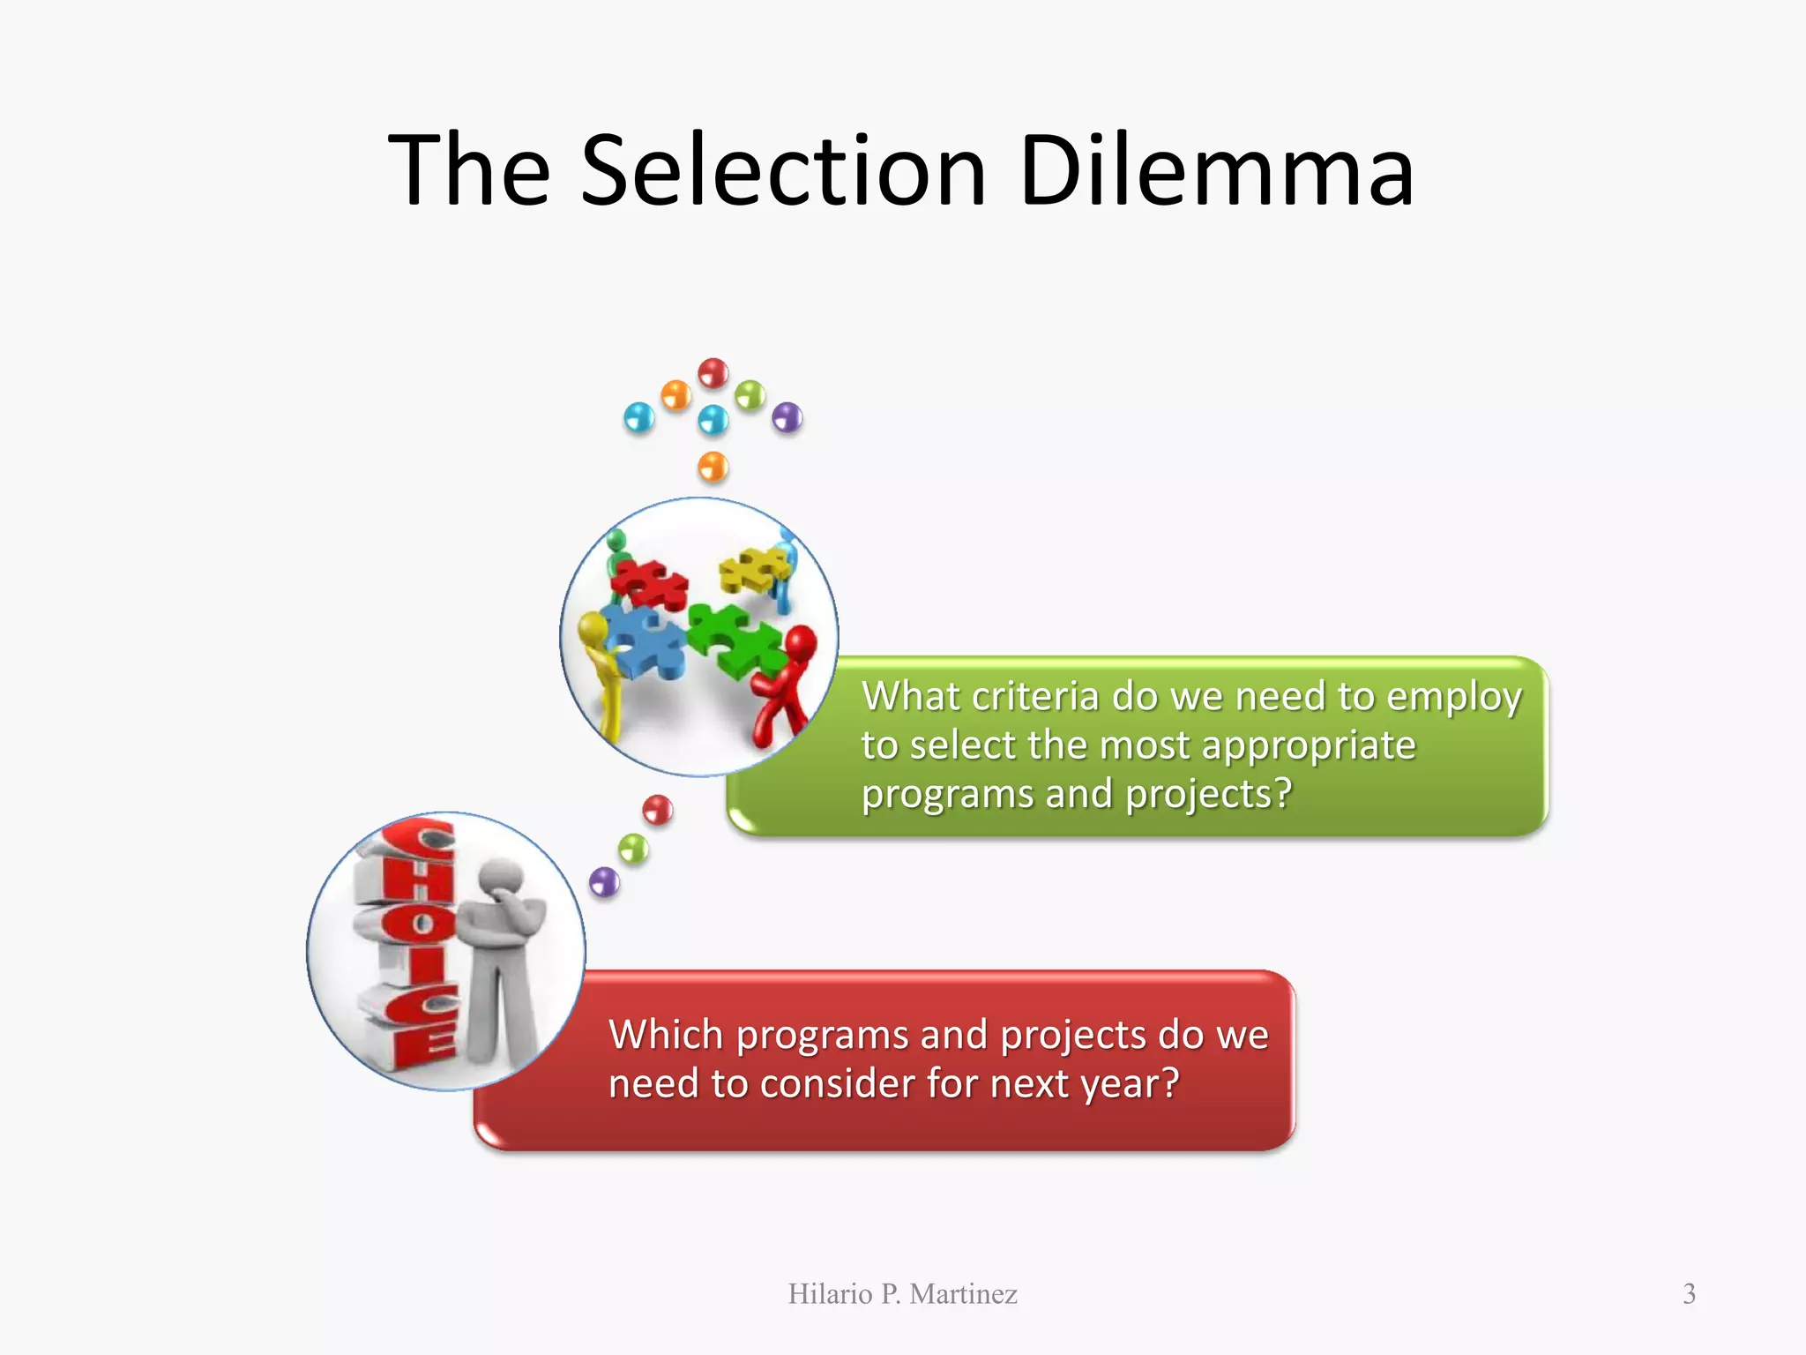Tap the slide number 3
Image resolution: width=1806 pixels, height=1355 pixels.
click(1689, 1294)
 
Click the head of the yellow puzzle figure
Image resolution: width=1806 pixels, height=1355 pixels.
click(593, 628)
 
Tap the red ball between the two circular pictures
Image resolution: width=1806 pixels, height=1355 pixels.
click(658, 809)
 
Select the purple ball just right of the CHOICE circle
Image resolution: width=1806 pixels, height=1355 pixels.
click(604, 881)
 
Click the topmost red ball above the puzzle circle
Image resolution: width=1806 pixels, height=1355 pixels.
click(713, 372)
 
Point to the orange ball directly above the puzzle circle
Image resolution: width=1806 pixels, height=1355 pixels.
click(713, 466)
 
